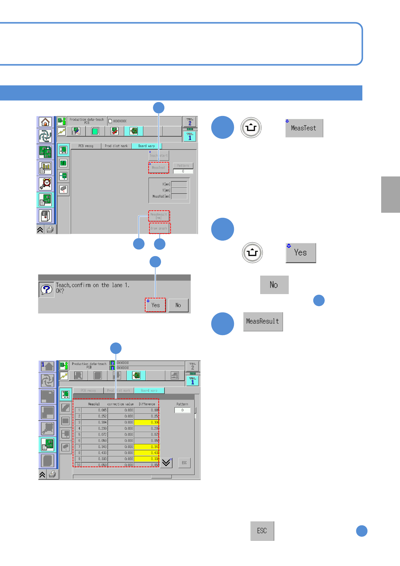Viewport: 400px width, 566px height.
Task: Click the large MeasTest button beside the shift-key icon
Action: pyautogui.click(x=304, y=128)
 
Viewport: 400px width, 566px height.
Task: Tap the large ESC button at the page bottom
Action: pyautogui.click(x=262, y=531)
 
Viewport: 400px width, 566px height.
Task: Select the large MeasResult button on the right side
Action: pyautogui.click(x=263, y=322)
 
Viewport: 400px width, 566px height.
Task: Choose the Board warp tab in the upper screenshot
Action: pyautogui.click(x=147, y=146)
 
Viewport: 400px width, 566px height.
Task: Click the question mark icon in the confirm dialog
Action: pyautogui.click(x=47, y=289)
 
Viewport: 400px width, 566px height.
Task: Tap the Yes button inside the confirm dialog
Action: pyautogui.click(x=156, y=305)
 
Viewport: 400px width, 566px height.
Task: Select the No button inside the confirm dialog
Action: pyautogui.click(x=178, y=305)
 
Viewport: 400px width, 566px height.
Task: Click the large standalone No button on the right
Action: pyautogui.click(x=274, y=285)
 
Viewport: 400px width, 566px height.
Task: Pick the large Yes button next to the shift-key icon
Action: pyautogui.click(x=301, y=253)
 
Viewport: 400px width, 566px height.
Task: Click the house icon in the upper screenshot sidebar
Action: pyautogui.click(x=45, y=122)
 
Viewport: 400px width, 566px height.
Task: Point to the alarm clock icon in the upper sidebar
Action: pyautogui.click(x=45, y=184)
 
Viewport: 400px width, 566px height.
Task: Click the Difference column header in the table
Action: pyautogui.click(x=147, y=404)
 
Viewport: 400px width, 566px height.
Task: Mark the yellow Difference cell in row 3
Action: pyautogui.click(x=147, y=422)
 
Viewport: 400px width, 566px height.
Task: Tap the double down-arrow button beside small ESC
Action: pyautogui.click(x=166, y=463)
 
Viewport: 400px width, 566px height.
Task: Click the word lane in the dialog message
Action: pyautogui.click(x=117, y=285)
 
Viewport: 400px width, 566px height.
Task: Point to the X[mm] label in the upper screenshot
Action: pyautogui.click(x=166, y=184)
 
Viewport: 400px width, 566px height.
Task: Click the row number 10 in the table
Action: pyautogui.click(x=78, y=465)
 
